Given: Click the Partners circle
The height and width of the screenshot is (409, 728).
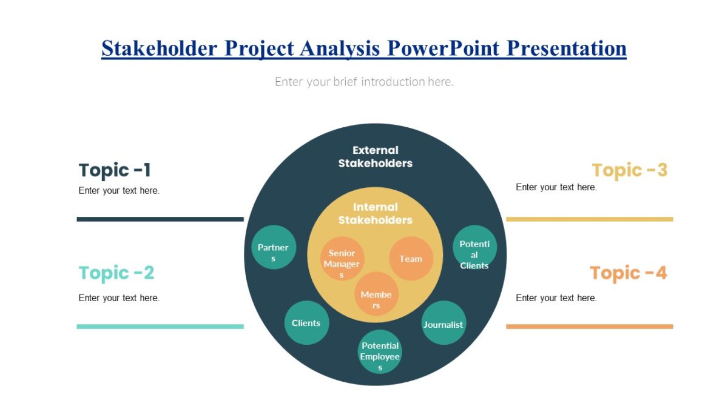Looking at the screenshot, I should point(274,247).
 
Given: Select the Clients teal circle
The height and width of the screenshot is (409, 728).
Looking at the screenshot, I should point(306,323).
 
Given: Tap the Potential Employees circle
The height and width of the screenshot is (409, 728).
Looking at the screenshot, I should point(380,351).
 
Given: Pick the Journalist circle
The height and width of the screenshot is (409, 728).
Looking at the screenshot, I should point(443,323).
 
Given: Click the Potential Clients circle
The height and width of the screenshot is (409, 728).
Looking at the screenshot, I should point(474,247).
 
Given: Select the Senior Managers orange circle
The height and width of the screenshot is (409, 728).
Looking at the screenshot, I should point(342,259).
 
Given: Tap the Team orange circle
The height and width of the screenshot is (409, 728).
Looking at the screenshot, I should point(411,259).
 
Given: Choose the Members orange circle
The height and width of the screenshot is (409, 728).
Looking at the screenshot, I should point(376,294).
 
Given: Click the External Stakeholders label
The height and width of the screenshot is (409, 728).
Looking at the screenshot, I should point(376,156).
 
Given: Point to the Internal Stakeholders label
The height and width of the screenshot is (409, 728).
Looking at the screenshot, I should point(376,213).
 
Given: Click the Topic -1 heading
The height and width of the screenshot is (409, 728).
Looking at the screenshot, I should point(115,170).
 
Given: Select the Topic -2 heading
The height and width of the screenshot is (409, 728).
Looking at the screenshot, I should point(116,273).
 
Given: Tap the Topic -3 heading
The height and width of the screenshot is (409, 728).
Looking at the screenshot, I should point(629,170).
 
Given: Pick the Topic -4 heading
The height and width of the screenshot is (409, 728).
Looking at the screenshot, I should point(628,273).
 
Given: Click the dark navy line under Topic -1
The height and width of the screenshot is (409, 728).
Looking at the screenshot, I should point(160,219).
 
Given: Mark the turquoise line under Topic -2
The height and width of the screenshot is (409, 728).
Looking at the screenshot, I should point(160,327).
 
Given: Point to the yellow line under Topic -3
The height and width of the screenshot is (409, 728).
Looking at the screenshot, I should point(589,219).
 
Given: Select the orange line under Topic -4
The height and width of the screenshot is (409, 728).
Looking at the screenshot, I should point(589,327).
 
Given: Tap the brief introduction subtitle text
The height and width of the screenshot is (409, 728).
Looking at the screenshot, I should point(364,81).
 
